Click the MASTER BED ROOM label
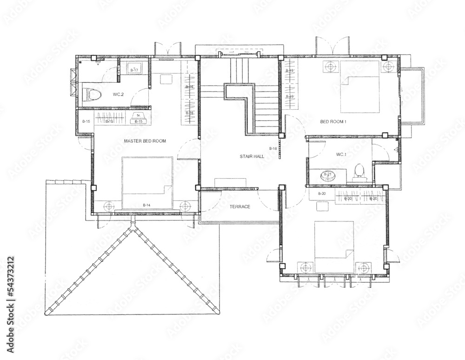[x=145, y=140]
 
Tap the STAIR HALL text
[x=252, y=157]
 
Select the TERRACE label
[x=240, y=207]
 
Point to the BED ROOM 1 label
[x=333, y=122]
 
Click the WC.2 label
[x=118, y=94]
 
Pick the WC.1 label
[x=341, y=154]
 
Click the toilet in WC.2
[x=93, y=95]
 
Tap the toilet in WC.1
[x=358, y=171]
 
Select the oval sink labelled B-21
[x=327, y=175]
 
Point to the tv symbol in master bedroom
[x=138, y=115]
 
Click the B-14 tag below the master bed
[x=146, y=205]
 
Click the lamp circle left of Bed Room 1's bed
[x=331, y=67]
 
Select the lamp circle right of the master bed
[x=185, y=205]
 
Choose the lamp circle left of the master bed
[x=109, y=205]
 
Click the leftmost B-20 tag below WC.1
[x=322, y=193]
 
